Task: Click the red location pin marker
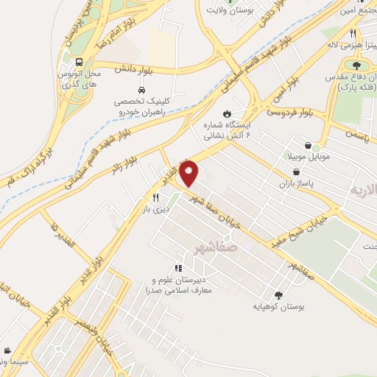191,175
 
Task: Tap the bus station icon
78,63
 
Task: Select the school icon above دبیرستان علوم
177,269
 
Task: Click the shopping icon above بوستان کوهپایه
278,292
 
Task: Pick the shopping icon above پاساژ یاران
295,171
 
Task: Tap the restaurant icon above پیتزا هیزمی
354,33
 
